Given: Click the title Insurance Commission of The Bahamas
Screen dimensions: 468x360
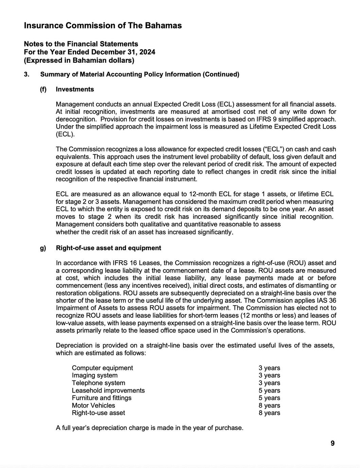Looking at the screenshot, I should pyautogui.click(x=103, y=25).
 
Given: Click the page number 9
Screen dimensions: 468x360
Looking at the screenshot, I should pyautogui.click(x=332, y=443).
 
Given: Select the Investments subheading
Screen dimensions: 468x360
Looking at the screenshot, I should pyautogui.click(x=75, y=89).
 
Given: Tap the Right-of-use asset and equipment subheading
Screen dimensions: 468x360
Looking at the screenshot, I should pyautogui.click(x=108, y=248).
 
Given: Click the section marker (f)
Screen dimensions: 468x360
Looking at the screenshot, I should pyautogui.click(x=43, y=89).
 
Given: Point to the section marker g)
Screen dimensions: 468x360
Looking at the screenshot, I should pyautogui.click(x=43, y=248).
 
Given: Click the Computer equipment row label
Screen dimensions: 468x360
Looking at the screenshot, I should pyautogui.click(x=102, y=368).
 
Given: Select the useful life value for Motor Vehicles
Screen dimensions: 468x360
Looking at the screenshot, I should pyautogui.click(x=269, y=405).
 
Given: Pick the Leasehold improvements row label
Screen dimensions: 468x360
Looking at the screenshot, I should pyautogui.click(x=108, y=390).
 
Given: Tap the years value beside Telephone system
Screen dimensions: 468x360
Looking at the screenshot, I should pyautogui.click(x=269, y=383).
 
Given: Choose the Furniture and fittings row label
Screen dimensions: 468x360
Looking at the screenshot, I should pyautogui.click(x=102, y=398).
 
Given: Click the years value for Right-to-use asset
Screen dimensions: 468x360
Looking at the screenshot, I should pyautogui.click(x=269, y=413).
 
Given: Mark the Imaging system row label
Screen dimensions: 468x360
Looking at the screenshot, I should pyautogui.click(x=95, y=375).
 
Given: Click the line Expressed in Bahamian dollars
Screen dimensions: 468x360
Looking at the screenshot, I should pyautogui.click(x=79, y=60).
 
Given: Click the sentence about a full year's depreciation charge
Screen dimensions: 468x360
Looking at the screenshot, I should pyautogui.click(x=149, y=428).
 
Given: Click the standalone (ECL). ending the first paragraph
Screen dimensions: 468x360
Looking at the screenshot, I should pyautogui.click(x=65, y=134).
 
